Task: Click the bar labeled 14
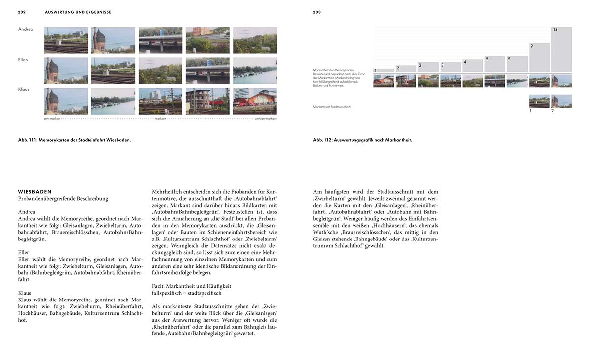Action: (x=561, y=49)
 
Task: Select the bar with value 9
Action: (x=539, y=58)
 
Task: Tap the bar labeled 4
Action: (x=472, y=66)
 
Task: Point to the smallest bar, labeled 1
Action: (x=383, y=71)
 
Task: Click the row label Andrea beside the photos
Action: (x=26, y=30)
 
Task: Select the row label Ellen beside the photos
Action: (x=23, y=60)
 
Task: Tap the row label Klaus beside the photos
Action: (x=24, y=90)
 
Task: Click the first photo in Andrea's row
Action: (x=66, y=40)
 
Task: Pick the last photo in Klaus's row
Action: (x=255, y=101)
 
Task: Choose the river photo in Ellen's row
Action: (x=255, y=70)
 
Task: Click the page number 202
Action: (x=22, y=12)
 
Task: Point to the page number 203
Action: (x=317, y=12)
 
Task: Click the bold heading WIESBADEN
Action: (x=34, y=192)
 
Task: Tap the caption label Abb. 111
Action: (x=29, y=140)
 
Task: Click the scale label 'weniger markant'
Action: (x=265, y=119)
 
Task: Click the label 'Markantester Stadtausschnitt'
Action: (x=332, y=107)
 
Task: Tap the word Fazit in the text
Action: (x=159, y=286)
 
